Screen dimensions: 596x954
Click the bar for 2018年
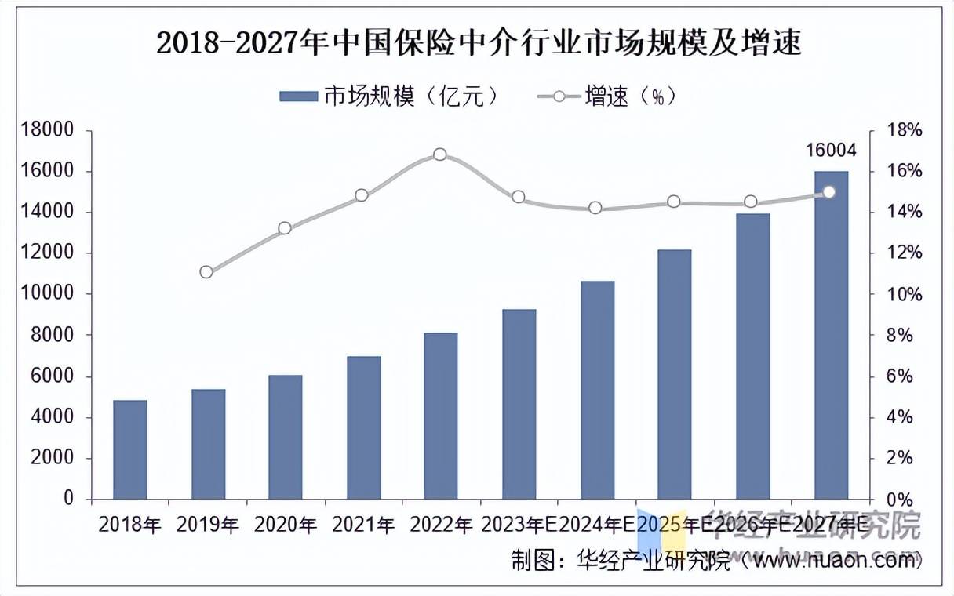pos(129,449)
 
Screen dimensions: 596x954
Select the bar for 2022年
pos(440,416)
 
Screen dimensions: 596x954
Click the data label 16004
pos(831,151)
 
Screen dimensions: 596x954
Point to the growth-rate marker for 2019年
pos(206,272)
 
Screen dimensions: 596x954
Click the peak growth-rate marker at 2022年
pos(440,154)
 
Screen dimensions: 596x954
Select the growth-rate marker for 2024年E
pos(595,208)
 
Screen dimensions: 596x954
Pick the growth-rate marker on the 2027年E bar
pos(829,192)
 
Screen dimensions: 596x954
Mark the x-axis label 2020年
pos(285,525)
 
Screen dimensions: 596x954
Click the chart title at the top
pos(479,43)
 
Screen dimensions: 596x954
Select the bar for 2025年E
pos(674,374)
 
